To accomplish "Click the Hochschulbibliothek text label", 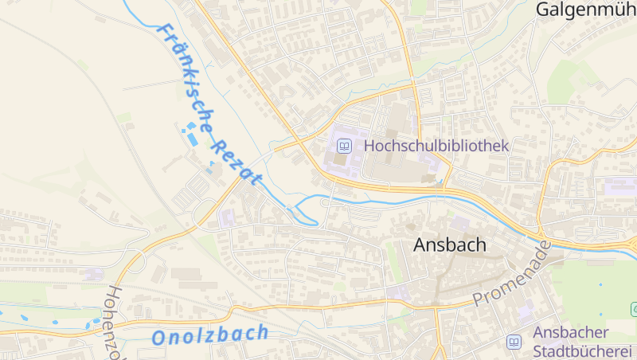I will click(436, 146).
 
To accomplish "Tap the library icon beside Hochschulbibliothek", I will click(344, 146).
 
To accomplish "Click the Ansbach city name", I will click(449, 245).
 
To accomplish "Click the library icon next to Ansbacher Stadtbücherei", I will click(514, 342).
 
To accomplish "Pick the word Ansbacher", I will click(571, 332).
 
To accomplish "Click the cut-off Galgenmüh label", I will click(586, 10).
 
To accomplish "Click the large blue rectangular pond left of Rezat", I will click(193, 139).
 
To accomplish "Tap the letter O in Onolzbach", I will click(160, 338).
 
